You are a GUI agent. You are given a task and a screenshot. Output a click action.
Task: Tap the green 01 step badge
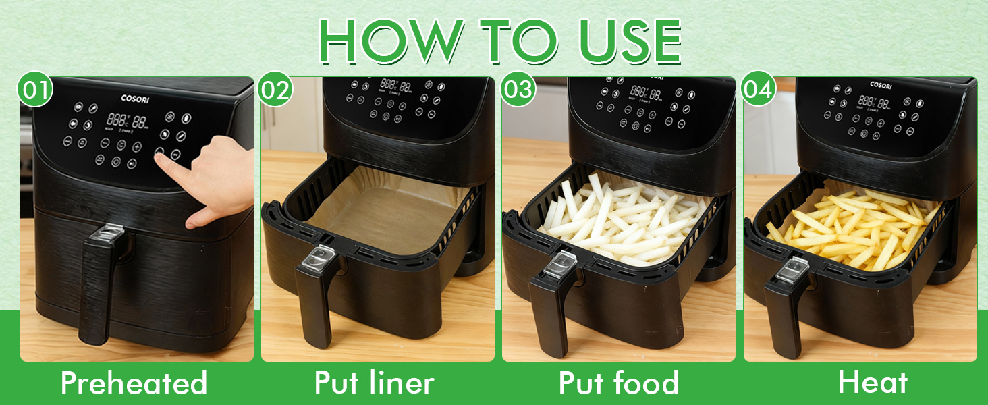tap(34, 90)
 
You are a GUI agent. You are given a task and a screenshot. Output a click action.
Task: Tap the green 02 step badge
tap(275, 90)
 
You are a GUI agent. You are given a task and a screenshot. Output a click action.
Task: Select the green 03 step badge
tap(518, 90)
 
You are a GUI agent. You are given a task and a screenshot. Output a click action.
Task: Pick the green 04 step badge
tap(758, 90)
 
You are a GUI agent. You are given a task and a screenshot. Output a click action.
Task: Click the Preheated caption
tap(134, 383)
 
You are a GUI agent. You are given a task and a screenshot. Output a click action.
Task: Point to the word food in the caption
tap(646, 383)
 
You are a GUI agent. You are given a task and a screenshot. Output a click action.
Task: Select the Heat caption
tap(872, 382)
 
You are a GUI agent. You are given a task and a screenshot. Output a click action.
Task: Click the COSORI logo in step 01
tap(135, 99)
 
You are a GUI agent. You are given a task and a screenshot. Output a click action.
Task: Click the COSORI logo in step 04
tap(881, 85)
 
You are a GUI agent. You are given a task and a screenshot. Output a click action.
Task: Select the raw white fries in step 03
tap(621, 216)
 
